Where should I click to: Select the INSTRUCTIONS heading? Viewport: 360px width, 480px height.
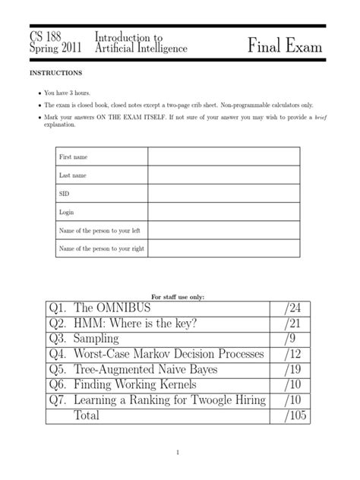55,74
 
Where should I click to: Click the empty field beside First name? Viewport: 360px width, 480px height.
224,157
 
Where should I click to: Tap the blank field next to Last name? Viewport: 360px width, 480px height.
224,175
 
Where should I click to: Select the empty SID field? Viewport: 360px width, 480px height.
224,193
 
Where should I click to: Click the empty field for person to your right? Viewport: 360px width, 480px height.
224,248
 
